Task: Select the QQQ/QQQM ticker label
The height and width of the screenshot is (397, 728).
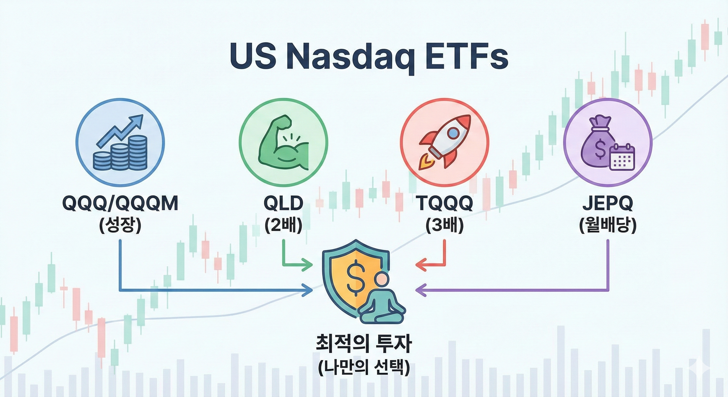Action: pyautogui.click(x=120, y=204)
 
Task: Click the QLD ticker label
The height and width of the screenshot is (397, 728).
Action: pyautogui.click(x=283, y=204)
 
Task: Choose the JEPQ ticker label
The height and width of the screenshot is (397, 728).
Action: pyautogui.click(x=608, y=204)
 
